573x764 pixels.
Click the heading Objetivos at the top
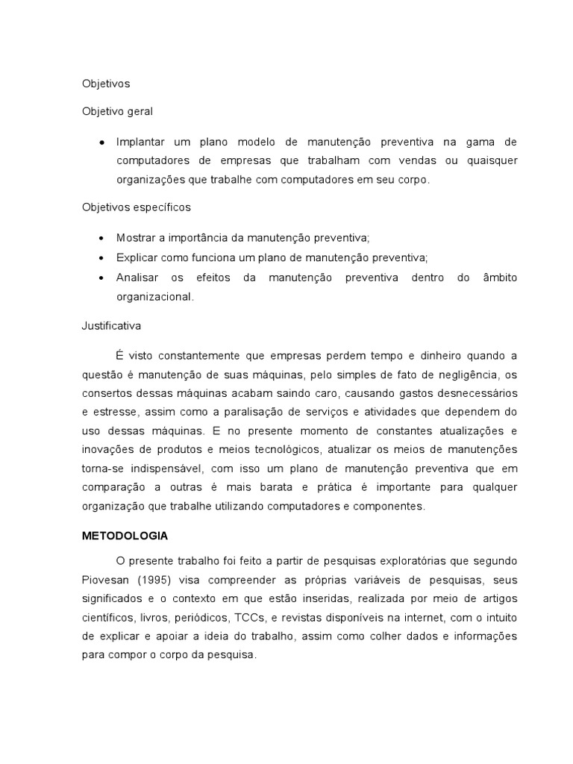pyautogui.click(x=105, y=84)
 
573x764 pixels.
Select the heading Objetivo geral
pyautogui.click(x=117, y=111)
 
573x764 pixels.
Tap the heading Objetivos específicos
pyautogui.click(x=137, y=207)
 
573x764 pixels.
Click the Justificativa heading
pyautogui.click(x=111, y=325)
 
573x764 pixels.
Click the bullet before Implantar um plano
pyautogui.click(x=101, y=142)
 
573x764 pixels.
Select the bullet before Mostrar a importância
pyautogui.click(x=101, y=238)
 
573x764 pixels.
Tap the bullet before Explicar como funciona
pyautogui.click(x=101, y=257)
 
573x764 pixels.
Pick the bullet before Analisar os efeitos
pyautogui.click(x=101, y=277)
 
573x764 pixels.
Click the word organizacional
pyautogui.click(x=154, y=296)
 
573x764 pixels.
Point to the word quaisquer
pyautogui.click(x=489, y=160)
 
